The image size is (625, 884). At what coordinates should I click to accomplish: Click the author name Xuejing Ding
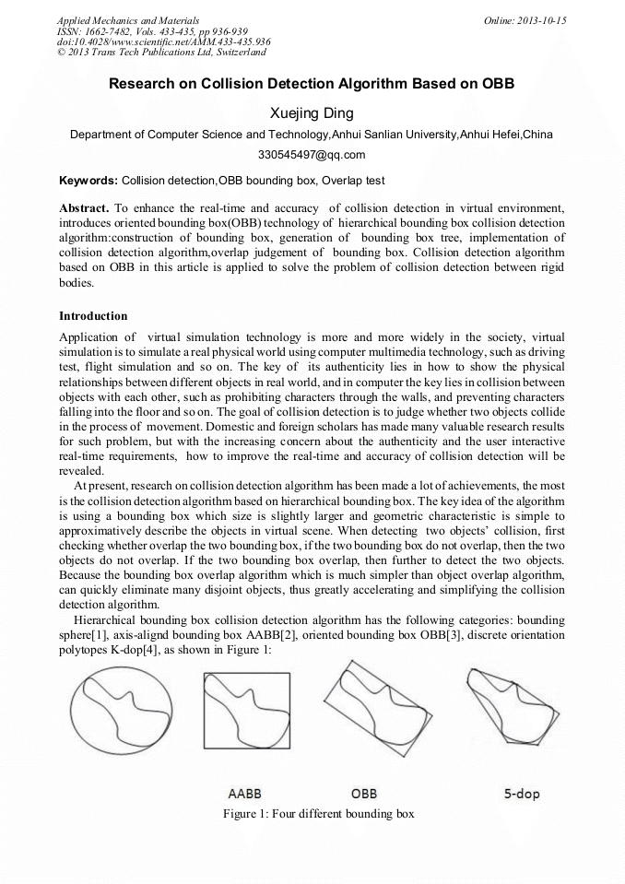pos(312,113)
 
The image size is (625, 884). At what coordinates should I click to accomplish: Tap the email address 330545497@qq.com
pos(312,154)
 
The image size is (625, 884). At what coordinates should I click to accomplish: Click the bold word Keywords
pos(88,181)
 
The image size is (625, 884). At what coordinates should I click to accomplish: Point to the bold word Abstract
pos(84,209)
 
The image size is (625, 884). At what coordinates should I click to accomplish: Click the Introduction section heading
pos(93,316)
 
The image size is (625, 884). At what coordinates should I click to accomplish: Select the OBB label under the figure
pos(364,793)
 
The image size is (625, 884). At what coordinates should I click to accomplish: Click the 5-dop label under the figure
pos(522,793)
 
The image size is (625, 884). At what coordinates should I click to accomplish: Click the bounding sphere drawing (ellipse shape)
pos(121,710)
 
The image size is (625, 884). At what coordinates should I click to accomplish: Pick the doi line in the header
pos(163,41)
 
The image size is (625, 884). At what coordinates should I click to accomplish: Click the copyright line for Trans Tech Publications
pos(161,53)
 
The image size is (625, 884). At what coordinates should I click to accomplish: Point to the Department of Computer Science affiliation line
pos(312,134)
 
